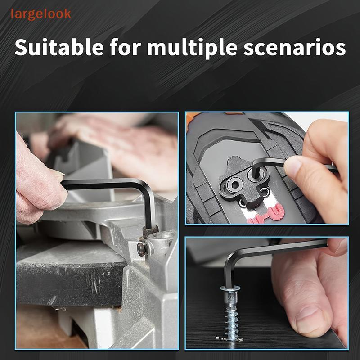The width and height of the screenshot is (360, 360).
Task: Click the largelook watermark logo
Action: pyautogui.click(x=41, y=14)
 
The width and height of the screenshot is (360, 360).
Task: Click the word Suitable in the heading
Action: pyautogui.click(x=59, y=47)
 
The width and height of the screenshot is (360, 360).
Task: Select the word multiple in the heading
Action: pyautogui.click(x=192, y=48)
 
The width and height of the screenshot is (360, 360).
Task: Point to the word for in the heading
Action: pyautogui.click(x=125, y=47)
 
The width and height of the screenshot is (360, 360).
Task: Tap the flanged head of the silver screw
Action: pyautogui.click(x=229, y=288)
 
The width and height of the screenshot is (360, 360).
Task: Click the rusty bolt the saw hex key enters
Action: pyautogui.click(x=150, y=231)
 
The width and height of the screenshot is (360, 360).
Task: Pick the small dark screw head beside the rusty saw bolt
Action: pyautogui.click(x=141, y=249)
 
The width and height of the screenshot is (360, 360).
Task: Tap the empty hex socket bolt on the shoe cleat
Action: pyautogui.click(x=234, y=184)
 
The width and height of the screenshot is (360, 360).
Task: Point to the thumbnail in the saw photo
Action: pyautogui.click(x=58, y=174)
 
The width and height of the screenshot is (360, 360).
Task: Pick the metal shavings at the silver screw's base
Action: pyautogui.click(x=229, y=339)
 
